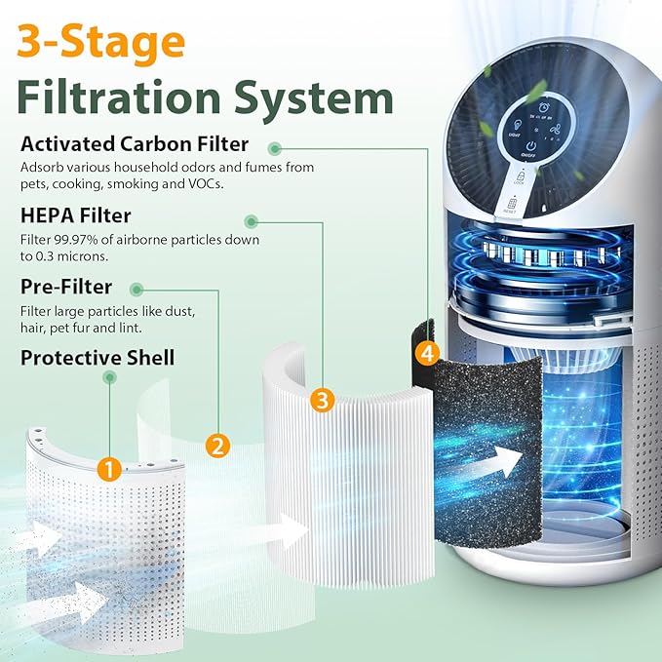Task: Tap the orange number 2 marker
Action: pyautogui.click(x=217, y=446)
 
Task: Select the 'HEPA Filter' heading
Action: pyautogui.click(x=75, y=215)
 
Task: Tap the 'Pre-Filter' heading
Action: pyautogui.click(x=66, y=287)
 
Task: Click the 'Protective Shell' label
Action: pyautogui.click(x=97, y=358)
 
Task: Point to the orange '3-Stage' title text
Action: pyautogui.click(x=101, y=42)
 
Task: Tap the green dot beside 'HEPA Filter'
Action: pyautogui.click(x=252, y=221)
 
